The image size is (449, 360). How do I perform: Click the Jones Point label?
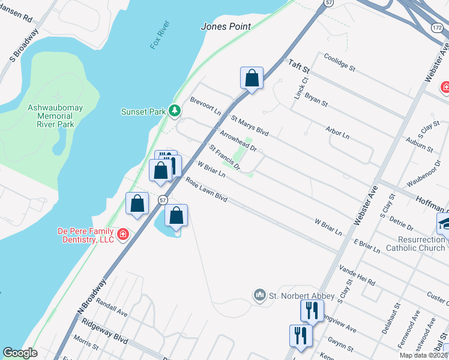225,26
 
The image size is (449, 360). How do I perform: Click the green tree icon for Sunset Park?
175,110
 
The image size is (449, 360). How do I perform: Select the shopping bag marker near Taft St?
252,78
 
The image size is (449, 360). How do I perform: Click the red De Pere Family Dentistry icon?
123,234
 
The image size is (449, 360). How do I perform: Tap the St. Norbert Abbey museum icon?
259,295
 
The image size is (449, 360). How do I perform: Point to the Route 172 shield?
437,28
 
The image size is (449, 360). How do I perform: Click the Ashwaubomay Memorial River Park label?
51,116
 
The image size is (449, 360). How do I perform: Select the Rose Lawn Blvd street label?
206,189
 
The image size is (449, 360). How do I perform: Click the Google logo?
20,353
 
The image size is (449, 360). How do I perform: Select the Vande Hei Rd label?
357,274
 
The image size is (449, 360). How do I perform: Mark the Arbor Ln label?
337,132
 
